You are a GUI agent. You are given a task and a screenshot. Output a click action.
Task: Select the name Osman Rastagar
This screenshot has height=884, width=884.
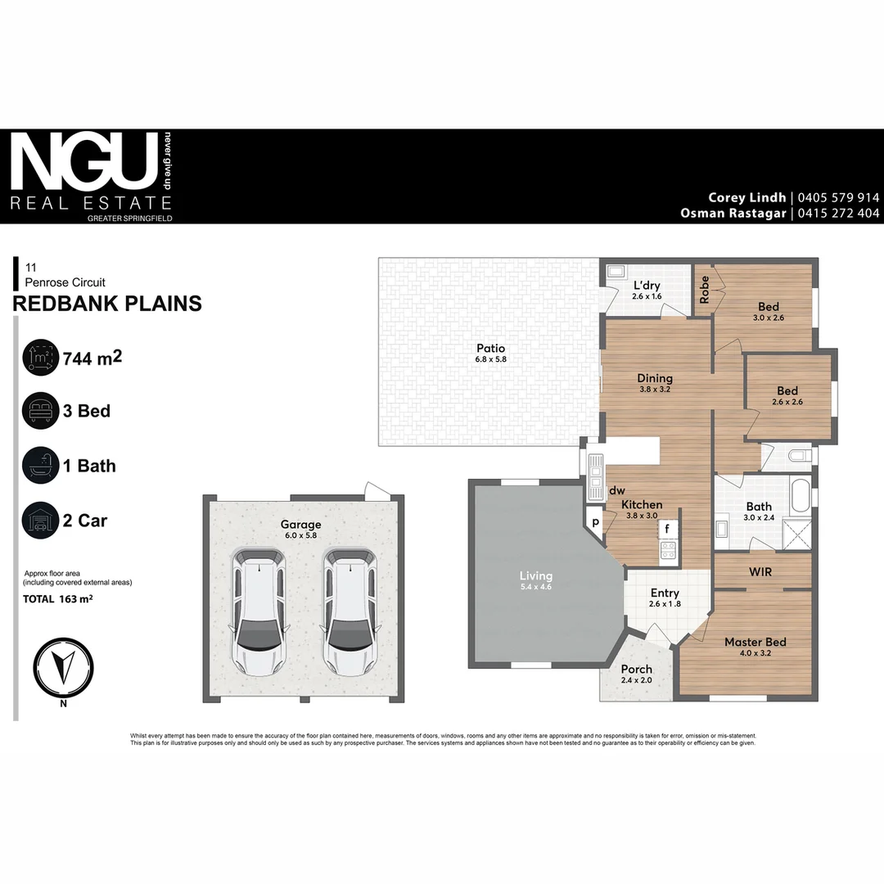(733, 213)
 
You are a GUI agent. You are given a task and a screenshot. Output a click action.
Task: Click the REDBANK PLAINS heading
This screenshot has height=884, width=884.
(107, 304)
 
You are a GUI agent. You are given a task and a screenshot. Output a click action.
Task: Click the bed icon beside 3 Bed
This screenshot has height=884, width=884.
(40, 411)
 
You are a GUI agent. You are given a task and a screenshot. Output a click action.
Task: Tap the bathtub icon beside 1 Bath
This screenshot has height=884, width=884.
(40, 466)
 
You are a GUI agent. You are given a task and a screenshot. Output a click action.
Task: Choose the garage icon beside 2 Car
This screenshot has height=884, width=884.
(40, 521)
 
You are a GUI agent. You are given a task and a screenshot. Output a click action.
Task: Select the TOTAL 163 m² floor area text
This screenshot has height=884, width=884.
(57, 599)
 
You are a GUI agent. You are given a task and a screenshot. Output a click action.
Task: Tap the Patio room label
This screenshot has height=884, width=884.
(490, 349)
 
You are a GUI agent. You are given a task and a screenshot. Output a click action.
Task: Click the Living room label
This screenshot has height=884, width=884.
(536, 576)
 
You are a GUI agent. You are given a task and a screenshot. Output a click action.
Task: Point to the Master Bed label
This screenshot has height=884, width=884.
(755, 643)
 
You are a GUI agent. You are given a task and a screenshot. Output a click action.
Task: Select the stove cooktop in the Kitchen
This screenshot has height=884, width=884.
(668, 550)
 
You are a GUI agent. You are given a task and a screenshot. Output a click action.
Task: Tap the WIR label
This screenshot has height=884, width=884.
(760, 571)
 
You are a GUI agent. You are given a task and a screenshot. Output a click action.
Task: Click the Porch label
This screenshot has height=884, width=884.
(637, 669)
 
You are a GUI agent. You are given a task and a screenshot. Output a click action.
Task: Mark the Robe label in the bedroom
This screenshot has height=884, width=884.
(704, 289)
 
